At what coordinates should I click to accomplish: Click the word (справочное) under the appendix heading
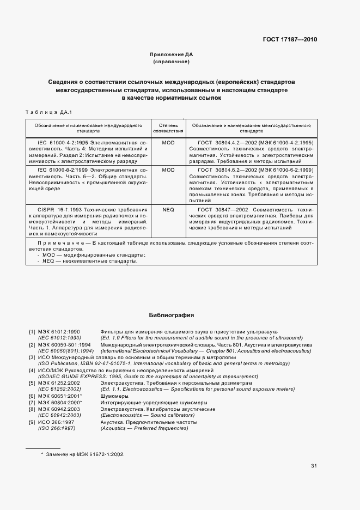click(x=172, y=62)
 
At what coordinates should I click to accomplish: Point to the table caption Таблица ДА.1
click(x=48, y=112)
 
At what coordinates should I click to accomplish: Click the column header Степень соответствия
click(x=168, y=128)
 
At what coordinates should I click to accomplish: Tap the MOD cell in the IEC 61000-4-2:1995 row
click(x=168, y=142)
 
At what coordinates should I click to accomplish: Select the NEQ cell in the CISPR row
click(x=168, y=209)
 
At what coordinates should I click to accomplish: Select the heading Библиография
click(x=172, y=315)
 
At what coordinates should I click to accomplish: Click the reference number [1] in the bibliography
click(x=32, y=331)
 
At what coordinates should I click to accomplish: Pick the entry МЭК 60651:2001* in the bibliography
click(x=59, y=397)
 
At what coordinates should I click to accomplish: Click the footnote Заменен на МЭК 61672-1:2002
click(x=83, y=453)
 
